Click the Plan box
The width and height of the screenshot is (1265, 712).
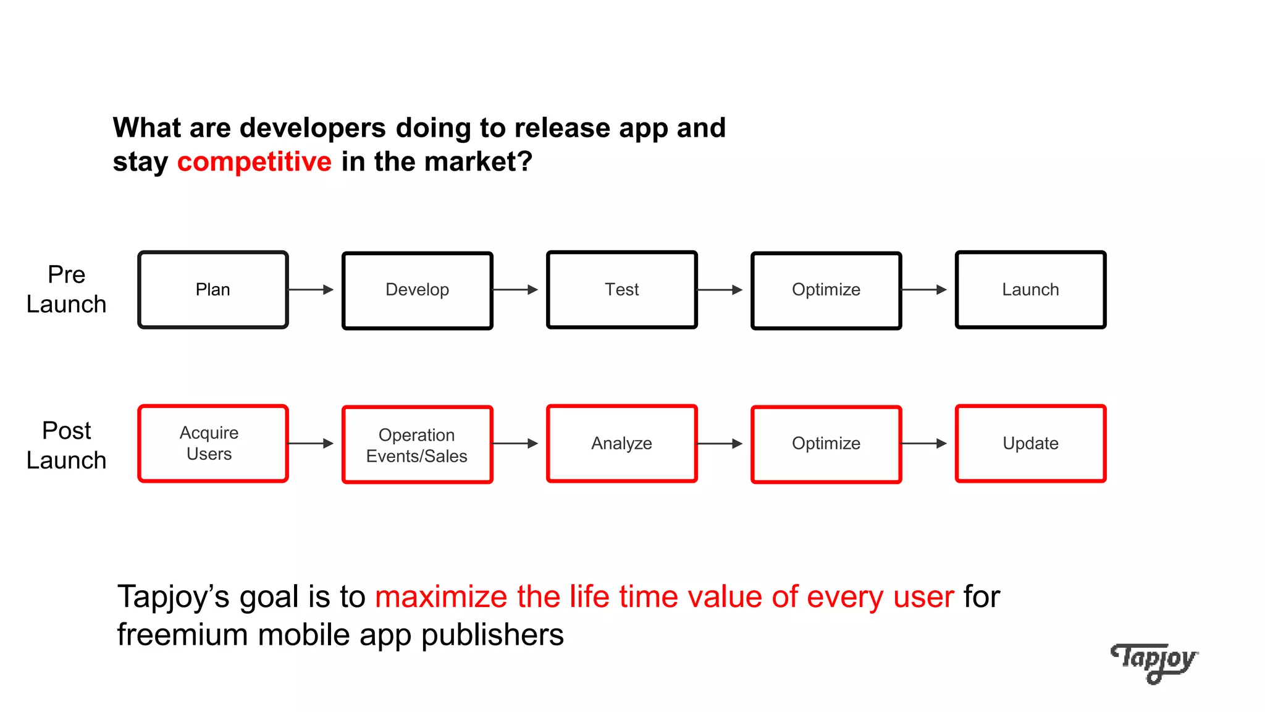click(213, 289)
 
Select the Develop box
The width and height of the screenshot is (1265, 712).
click(418, 290)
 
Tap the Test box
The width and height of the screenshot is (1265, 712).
click(622, 289)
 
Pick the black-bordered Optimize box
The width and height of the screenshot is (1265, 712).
click(826, 290)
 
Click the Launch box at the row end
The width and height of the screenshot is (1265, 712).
click(1030, 289)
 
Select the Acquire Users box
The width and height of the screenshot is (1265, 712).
click(213, 443)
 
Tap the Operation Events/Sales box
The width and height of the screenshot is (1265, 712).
click(418, 444)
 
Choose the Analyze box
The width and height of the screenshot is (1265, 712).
click(622, 443)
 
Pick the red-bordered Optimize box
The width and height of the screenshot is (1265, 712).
click(826, 444)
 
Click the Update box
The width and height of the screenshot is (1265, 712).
click(1030, 443)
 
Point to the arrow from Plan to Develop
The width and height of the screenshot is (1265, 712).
click(311, 289)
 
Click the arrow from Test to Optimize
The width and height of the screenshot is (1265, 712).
click(720, 289)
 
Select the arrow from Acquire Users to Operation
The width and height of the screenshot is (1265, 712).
click(311, 443)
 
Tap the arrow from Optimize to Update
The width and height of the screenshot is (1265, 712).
click(924, 443)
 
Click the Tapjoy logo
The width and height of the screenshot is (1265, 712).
click(1154, 662)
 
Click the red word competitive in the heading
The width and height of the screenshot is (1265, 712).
click(254, 162)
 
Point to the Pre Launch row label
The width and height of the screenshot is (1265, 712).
click(67, 289)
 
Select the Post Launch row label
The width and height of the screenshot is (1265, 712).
click(67, 445)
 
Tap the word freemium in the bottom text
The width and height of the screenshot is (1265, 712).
click(182, 635)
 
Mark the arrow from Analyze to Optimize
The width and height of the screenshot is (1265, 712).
click(720, 443)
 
